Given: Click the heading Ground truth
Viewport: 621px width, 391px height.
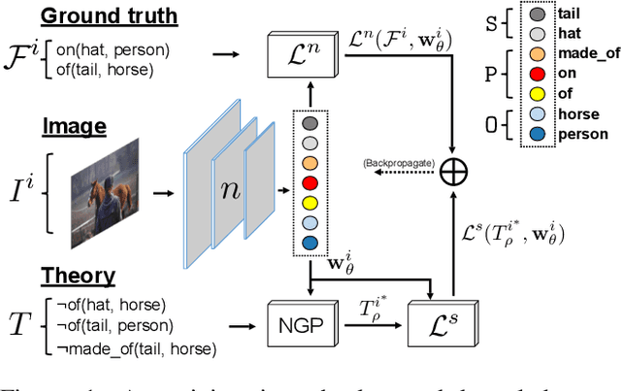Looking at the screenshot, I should (109, 16).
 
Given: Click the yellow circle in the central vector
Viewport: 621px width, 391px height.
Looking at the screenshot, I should (310, 202).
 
